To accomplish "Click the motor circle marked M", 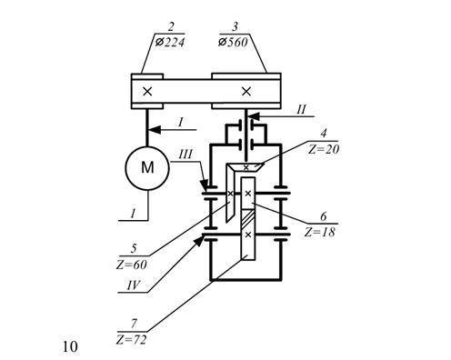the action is pyautogui.click(x=147, y=168).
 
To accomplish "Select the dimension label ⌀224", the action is pyautogui.click(x=170, y=42).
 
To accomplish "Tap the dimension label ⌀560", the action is pyautogui.click(x=233, y=42).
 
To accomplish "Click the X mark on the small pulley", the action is pyautogui.click(x=147, y=91).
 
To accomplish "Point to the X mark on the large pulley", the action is pyautogui.click(x=246, y=91).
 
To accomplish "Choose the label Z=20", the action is pyautogui.click(x=324, y=149).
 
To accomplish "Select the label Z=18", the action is pyautogui.click(x=320, y=232).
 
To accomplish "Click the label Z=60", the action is pyautogui.click(x=132, y=265).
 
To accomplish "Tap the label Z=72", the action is pyautogui.click(x=131, y=340).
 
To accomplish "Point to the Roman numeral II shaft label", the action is pyautogui.click(x=301, y=109).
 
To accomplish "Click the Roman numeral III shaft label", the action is pyautogui.click(x=185, y=155).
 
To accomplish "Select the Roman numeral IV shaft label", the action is pyautogui.click(x=134, y=285).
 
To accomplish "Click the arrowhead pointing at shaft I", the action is pyautogui.click(x=155, y=130).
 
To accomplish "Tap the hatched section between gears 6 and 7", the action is pyautogui.click(x=248, y=220).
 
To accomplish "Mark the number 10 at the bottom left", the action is pyautogui.click(x=70, y=346).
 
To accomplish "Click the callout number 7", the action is pyautogui.click(x=134, y=324).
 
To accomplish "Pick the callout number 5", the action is pyautogui.click(x=134, y=249).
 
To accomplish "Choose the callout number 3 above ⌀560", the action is pyautogui.click(x=235, y=27).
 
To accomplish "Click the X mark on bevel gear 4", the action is pyautogui.click(x=246, y=167).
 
